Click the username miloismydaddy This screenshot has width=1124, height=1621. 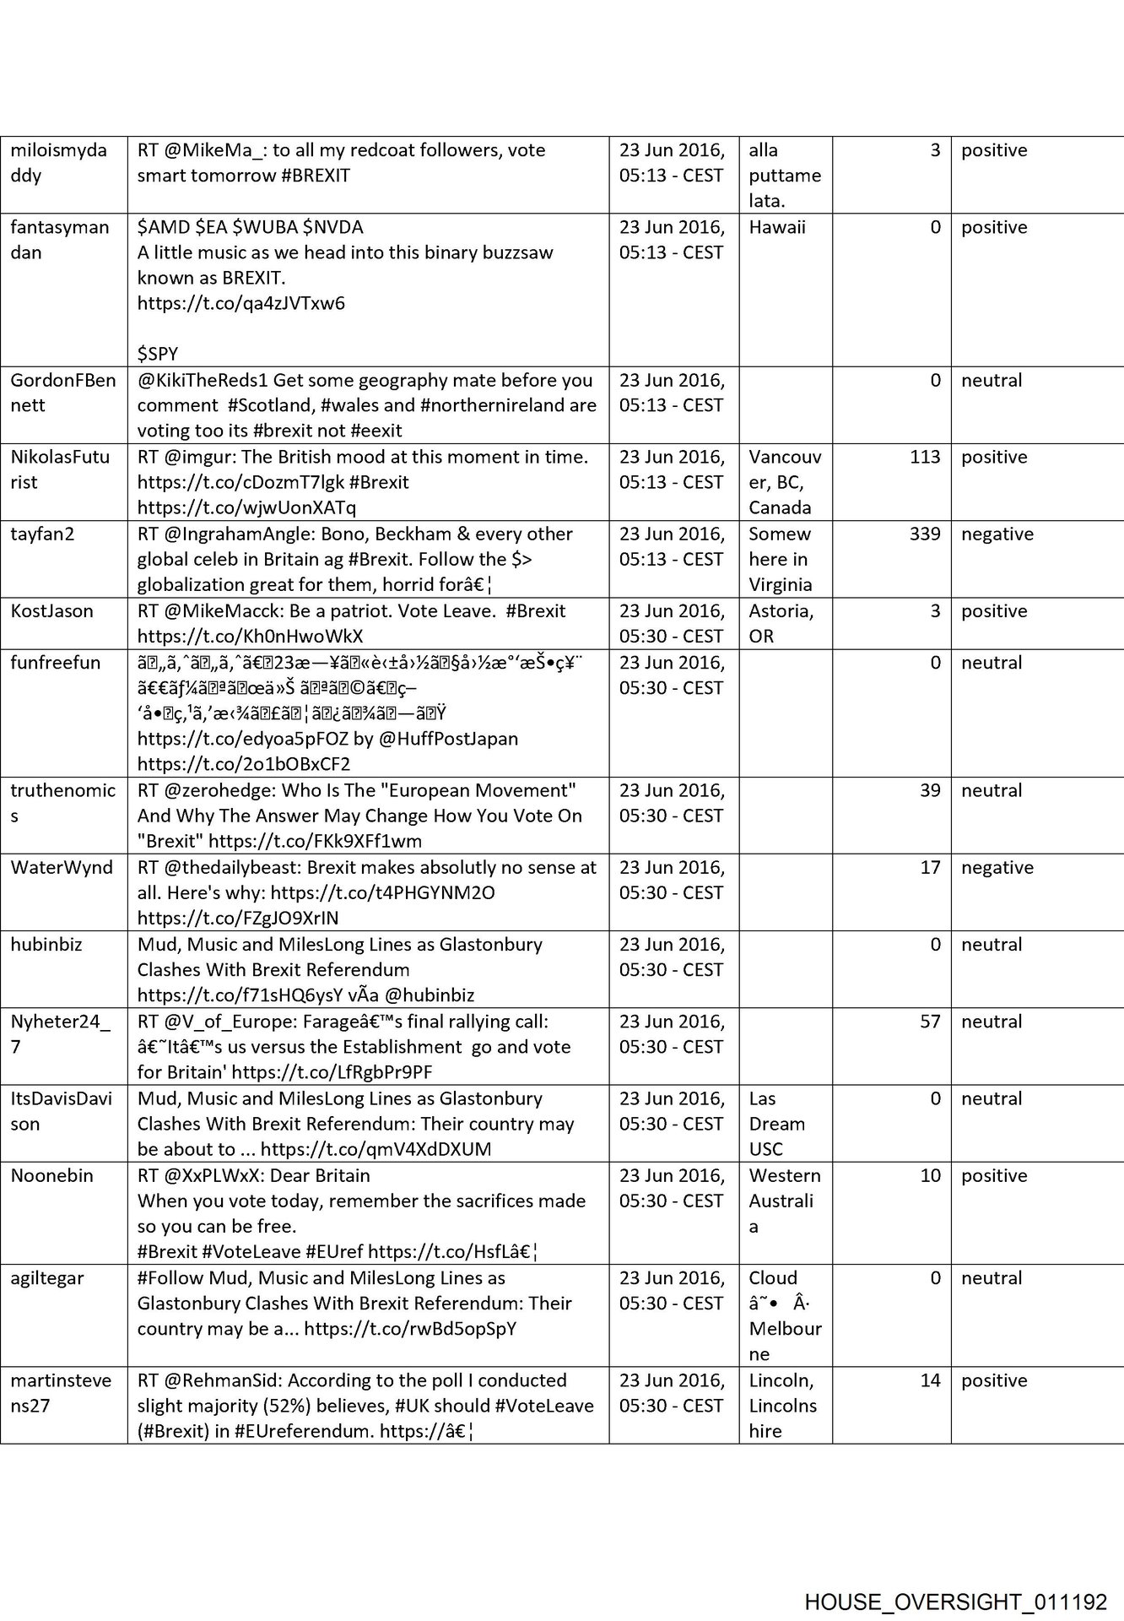[x=59, y=163]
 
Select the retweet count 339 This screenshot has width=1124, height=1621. [x=925, y=534]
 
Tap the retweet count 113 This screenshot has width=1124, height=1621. [x=925, y=458]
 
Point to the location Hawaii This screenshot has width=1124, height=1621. [x=776, y=228]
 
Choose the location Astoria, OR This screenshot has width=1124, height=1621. [x=781, y=624]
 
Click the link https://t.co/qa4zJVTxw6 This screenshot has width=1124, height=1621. [x=241, y=304]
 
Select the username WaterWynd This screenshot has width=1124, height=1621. [x=62, y=868]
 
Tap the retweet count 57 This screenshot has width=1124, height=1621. [x=930, y=1022]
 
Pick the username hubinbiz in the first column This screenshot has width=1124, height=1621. [x=46, y=945]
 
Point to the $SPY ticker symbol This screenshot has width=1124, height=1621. [x=158, y=354]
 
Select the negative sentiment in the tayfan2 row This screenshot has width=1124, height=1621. [x=997, y=534]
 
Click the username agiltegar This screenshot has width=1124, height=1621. [x=47, y=1278]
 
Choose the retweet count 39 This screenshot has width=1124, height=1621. [x=930, y=791]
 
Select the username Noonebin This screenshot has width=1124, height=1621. [x=52, y=1176]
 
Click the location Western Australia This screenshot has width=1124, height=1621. [x=784, y=1201]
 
